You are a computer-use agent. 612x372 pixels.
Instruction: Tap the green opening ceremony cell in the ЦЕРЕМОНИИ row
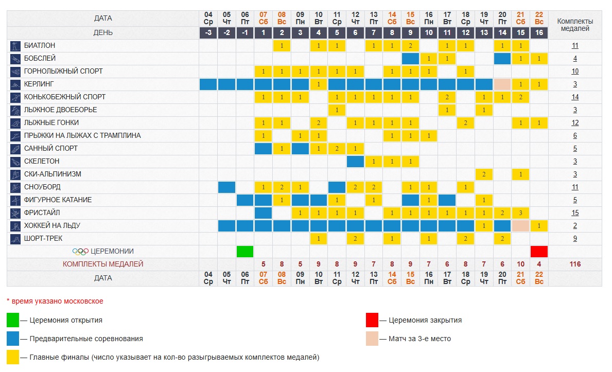(245, 252)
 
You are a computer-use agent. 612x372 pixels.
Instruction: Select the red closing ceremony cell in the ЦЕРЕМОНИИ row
(539, 252)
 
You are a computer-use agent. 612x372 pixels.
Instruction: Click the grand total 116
(575, 264)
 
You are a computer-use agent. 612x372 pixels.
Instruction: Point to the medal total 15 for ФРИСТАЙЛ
(575, 213)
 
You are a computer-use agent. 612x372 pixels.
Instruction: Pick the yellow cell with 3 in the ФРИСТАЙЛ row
(520, 213)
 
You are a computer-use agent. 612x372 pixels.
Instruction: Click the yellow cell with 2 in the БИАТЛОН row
(410, 46)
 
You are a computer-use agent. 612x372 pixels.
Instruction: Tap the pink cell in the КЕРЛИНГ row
(502, 84)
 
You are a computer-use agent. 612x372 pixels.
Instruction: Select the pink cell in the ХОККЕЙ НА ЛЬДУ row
(520, 226)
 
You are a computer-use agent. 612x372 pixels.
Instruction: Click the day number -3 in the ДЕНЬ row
(208, 33)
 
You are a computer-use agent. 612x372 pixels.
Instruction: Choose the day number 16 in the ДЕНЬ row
(539, 33)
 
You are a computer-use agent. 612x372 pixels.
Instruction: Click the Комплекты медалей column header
(575, 25)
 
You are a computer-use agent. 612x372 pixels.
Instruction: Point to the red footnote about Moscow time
(55, 301)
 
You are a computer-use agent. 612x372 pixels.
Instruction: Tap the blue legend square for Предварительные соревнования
(13, 339)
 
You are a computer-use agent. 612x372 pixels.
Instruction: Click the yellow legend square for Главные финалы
(13, 357)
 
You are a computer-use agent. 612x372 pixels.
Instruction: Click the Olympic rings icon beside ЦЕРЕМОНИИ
(80, 252)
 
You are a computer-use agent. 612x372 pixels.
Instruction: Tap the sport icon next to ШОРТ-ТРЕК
(15, 239)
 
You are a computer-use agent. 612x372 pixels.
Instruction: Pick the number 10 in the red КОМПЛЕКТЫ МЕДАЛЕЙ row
(520, 264)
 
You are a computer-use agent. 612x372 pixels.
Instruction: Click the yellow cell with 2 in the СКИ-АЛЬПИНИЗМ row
(484, 174)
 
